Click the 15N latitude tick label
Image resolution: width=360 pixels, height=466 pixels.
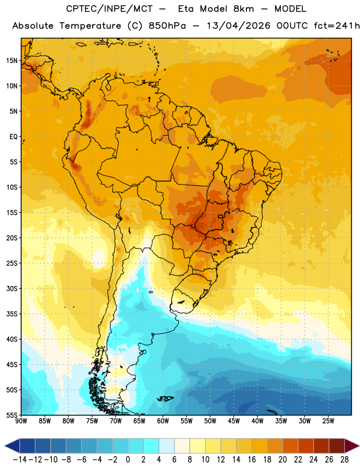(x=12, y=61)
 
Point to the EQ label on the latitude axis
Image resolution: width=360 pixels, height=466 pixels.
(x=13, y=137)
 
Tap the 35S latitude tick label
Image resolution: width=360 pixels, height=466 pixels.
(x=12, y=314)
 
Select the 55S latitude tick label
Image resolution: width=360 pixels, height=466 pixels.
(x=12, y=415)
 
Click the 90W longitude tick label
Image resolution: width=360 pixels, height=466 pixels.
(x=21, y=421)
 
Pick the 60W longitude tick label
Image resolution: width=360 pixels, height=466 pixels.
(x=163, y=421)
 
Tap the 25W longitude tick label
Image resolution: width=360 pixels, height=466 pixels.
(x=328, y=421)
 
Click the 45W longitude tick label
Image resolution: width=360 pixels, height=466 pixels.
(x=234, y=421)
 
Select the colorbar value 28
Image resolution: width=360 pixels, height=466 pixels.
(x=344, y=460)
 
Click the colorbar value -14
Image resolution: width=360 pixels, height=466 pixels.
(x=20, y=460)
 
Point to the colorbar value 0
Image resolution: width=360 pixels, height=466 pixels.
(x=128, y=460)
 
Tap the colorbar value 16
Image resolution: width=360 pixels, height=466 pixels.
(x=252, y=460)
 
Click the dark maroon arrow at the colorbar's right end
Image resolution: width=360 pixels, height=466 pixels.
(x=351, y=446)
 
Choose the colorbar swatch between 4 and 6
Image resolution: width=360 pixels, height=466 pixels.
(x=167, y=446)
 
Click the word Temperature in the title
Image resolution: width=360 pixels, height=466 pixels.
(x=90, y=26)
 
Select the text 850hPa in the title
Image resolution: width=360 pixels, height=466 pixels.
(x=167, y=26)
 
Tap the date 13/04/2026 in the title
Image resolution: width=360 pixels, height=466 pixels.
(x=238, y=26)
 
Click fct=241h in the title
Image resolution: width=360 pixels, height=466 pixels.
(x=337, y=26)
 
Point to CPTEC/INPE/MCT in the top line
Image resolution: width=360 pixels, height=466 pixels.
(x=110, y=9)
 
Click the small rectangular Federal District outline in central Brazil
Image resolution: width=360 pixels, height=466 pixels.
(x=221, y=216)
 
